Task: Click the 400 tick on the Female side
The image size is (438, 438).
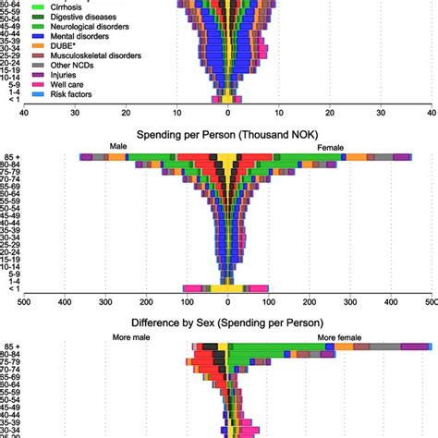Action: point(390,300)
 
